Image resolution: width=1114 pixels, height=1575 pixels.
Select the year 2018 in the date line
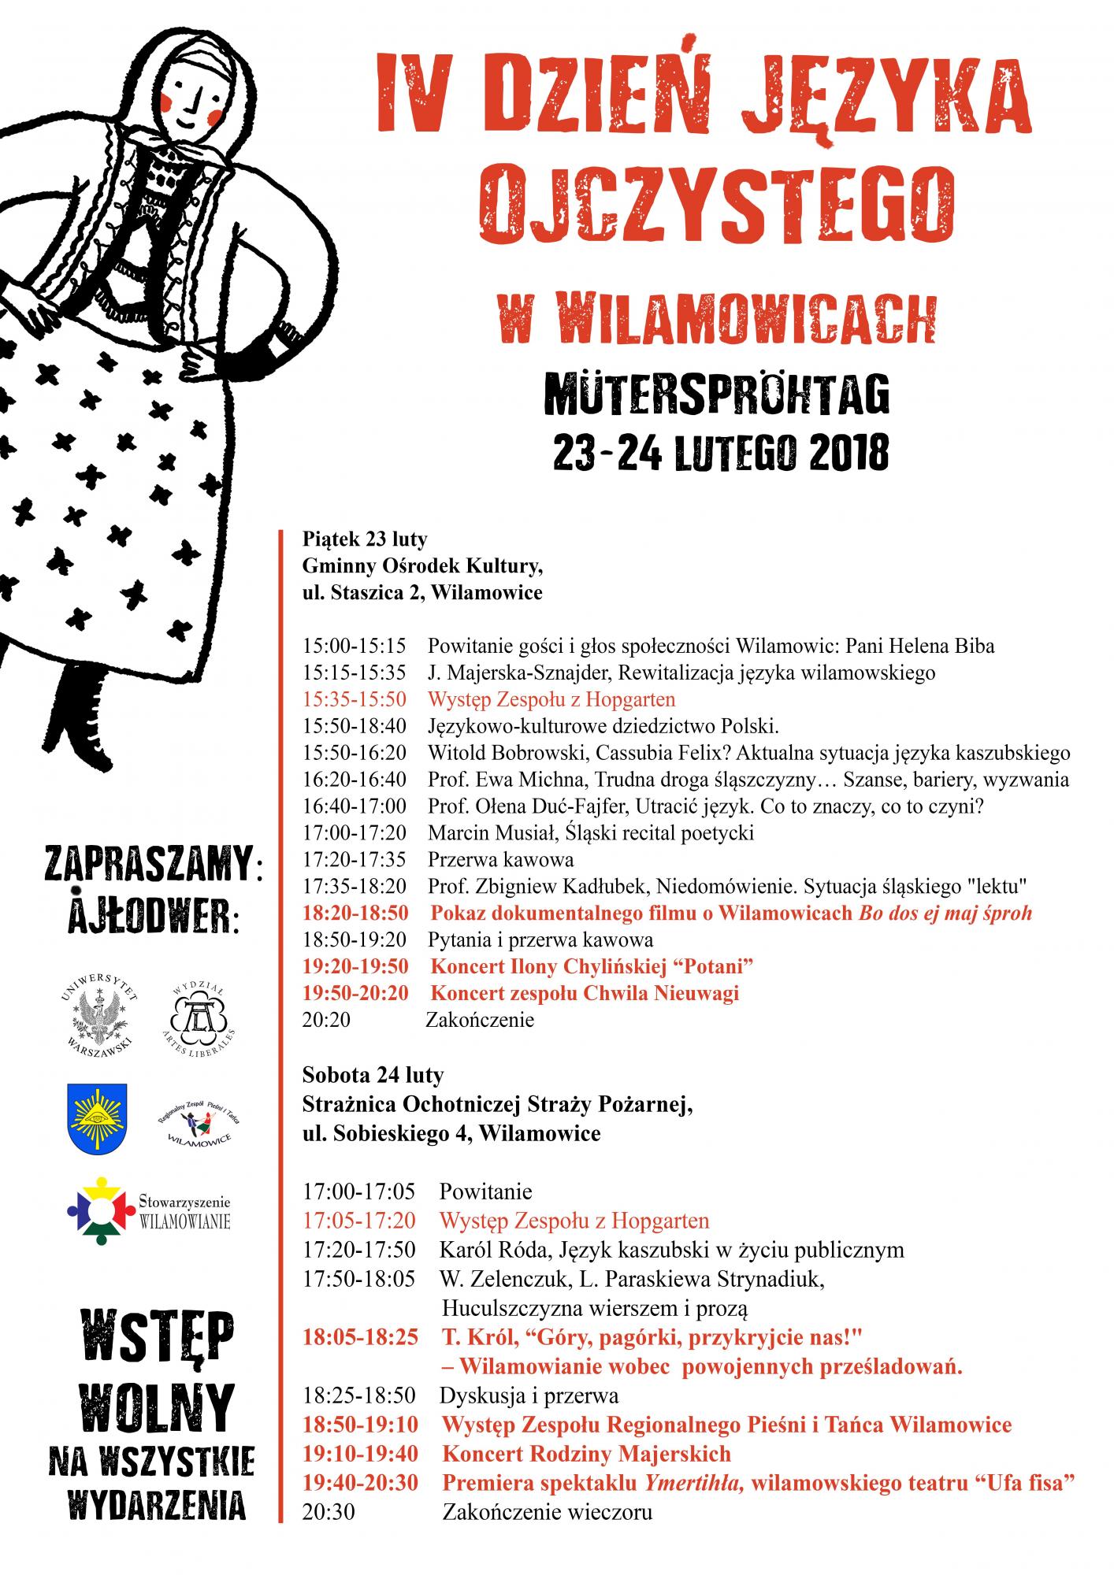point(845,454)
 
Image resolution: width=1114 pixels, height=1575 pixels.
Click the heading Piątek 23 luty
point(365,539)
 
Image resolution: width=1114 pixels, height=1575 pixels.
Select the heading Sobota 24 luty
point(373,1075)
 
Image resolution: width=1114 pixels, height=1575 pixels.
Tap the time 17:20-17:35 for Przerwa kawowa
point(355,859)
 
